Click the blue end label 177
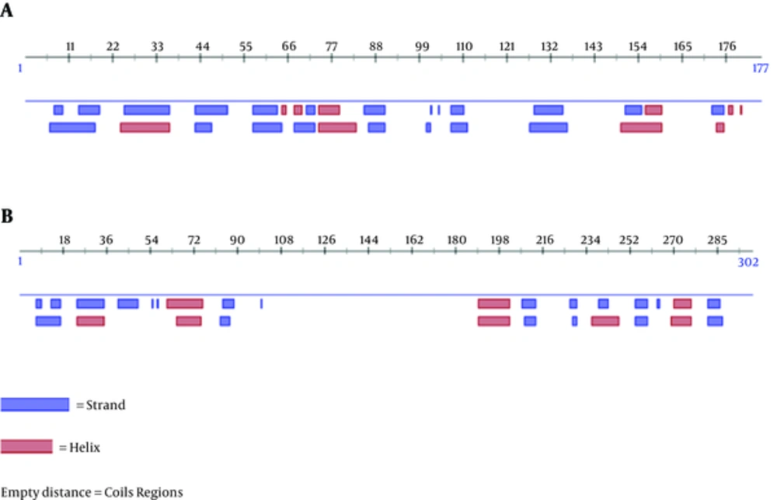pos(760,68)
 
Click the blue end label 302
pos(747,263)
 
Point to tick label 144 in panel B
pos(368,240)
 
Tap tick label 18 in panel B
pos(64,240)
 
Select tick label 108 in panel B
pos(283,240)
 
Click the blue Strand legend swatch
pos(35,404)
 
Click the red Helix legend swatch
pos(26,446)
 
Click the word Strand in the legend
pos(104,405)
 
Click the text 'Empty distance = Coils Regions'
pos(92,492)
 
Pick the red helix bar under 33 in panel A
pos(145,127)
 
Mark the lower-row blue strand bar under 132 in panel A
pos(549,127)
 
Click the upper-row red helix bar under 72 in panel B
pos(184,303)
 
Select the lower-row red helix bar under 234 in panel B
pos(605,320)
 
